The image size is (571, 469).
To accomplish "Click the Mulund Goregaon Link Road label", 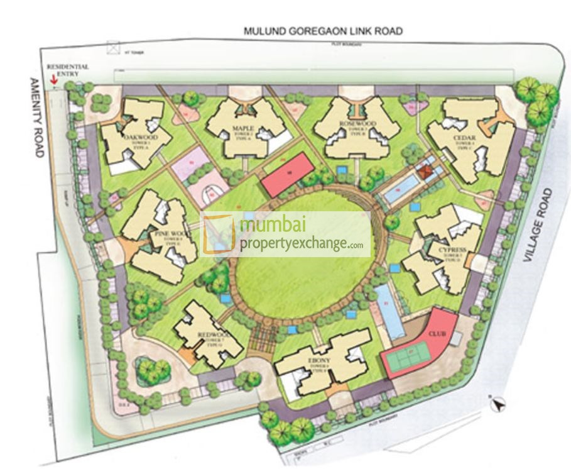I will coord(323,30).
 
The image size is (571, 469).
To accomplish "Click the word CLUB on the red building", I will coord(437,333).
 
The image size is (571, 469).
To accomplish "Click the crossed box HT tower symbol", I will coord(113,47).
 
